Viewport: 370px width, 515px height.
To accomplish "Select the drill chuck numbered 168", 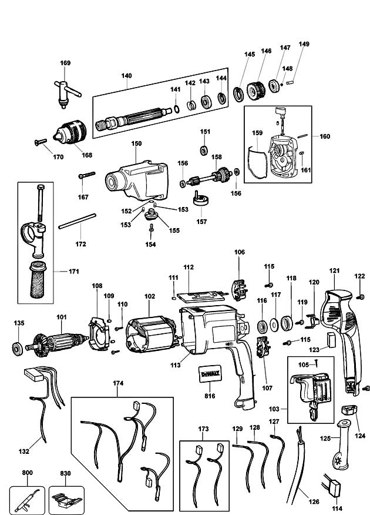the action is [x=70, y=132].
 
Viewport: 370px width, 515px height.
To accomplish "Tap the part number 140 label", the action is [x=126, y=75].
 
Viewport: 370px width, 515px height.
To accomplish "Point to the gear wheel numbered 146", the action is [x=256, y=91].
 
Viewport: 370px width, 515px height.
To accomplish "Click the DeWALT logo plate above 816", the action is [x=210, y=373].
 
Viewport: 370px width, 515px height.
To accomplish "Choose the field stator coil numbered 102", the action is [x=151, y=334].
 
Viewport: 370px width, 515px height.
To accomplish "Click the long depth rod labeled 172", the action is [x=78, y=221].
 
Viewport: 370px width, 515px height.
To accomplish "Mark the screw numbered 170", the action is [x=41, y=142].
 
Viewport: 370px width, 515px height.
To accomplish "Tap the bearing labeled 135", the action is [x=18, y=348].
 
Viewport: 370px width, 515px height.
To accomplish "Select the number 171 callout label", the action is [x=74, y=271].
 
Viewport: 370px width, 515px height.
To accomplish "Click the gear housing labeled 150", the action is [x=137, y=180].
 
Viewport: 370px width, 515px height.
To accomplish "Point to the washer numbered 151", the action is [x=204, y=151].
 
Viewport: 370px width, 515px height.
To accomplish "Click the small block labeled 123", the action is [x=331, y=340].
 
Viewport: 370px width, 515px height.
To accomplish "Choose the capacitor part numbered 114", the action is [x=332, y=485].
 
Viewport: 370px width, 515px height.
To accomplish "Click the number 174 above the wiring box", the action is [x=118, y=383].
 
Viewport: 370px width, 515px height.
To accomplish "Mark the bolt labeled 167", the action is [x=87, y=175].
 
